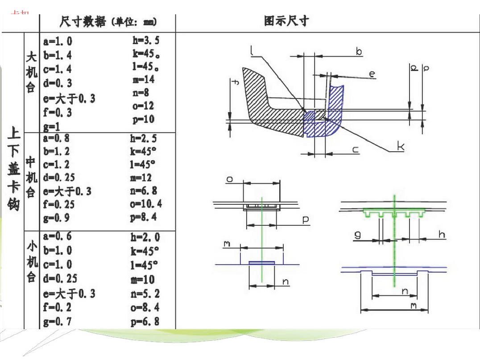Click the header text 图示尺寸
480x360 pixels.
(286, 21)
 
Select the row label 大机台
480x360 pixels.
(31, 71)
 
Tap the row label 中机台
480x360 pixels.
(30, 177)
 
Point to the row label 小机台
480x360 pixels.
(31, 262)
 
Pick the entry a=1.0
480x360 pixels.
(58, 41)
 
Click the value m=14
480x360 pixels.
(143, 80)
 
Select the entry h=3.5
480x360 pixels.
(145, 41)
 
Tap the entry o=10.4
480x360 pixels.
(146, 204)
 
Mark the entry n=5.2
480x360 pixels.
(145, 294)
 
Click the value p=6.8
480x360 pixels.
(145, 322)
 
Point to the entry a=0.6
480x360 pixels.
(58, 236)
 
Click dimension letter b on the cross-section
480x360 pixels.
(359, 52)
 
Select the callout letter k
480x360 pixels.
(400, 146)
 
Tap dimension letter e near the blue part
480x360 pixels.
(372, 74)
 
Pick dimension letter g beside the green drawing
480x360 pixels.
(357, 235)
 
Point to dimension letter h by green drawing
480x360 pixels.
(442, 235)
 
